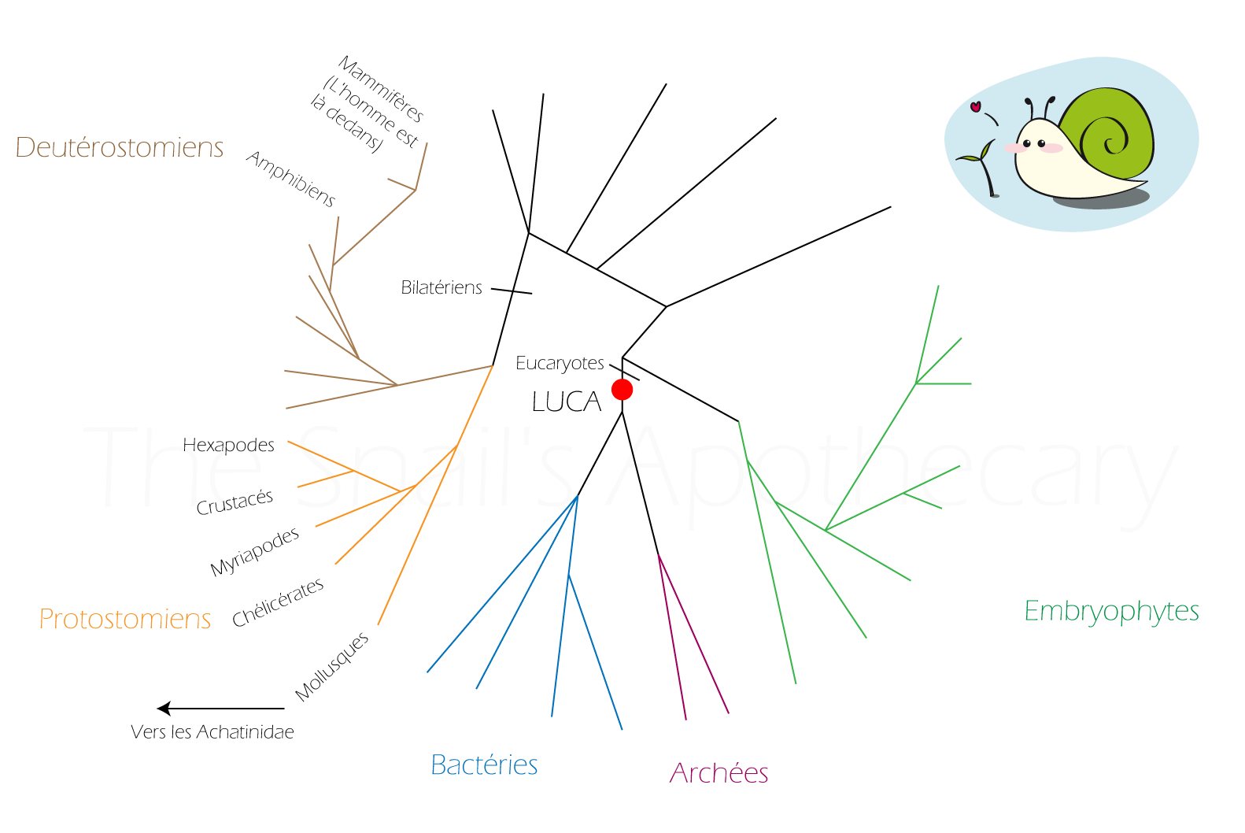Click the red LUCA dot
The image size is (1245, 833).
[622, 390]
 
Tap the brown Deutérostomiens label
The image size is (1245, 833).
[120, 147]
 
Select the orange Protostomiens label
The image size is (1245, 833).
[125, 619]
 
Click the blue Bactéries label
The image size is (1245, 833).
[484, 765]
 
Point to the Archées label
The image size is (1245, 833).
[719, 773]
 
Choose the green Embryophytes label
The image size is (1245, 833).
[1111, 612]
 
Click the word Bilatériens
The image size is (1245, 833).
[441, 287]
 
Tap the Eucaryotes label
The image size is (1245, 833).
[560, 363]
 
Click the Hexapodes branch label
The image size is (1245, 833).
[228, 445]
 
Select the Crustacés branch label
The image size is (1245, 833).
[235, 502]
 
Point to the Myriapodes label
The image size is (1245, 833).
[254, 552]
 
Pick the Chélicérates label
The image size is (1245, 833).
[278, 602]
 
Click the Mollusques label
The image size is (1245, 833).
[332, 667]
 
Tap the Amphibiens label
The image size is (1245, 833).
[291, 179]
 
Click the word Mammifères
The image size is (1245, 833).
[382, 89]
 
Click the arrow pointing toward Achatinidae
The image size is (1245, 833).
[220, 709]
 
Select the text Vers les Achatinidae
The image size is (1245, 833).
[212, 731]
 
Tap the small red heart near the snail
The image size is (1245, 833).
[975, 106]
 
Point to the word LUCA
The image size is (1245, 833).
[567, 402]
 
